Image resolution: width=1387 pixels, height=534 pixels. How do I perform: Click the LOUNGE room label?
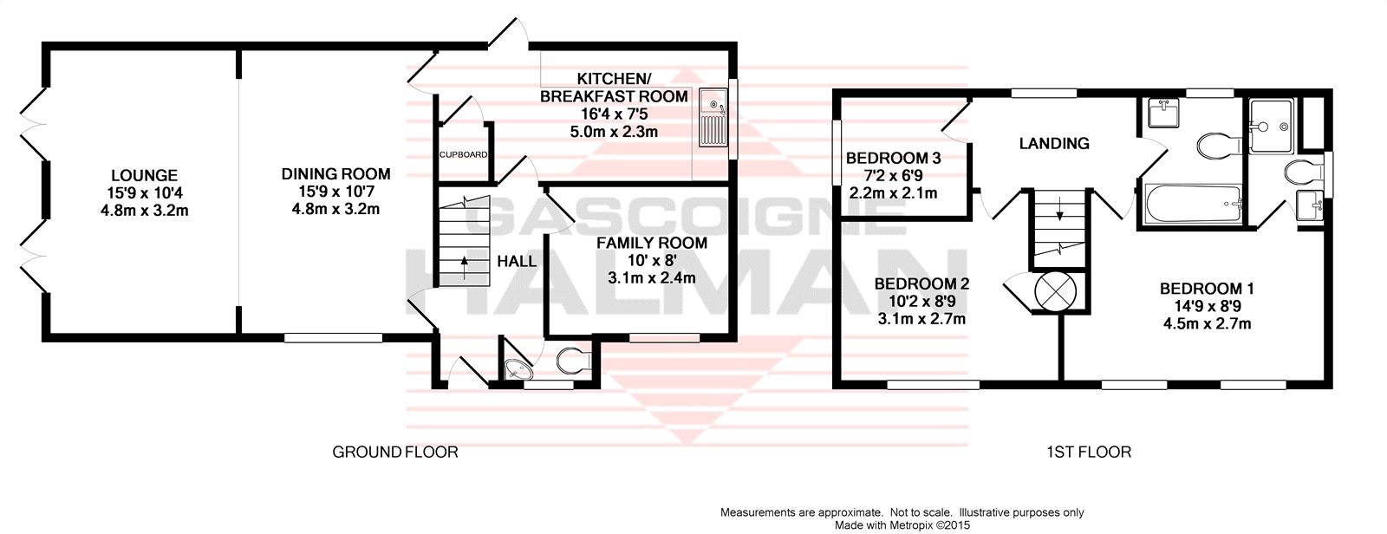click(144, 176)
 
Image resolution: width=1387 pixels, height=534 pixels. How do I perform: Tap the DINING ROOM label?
click(336, 174)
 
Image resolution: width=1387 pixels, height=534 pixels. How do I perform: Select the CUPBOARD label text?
click(463, 155)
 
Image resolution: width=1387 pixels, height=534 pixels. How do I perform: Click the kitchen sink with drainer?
click(713, 118)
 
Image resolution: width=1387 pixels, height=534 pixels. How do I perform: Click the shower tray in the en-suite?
click(1271, 126)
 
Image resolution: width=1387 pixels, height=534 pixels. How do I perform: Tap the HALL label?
click(517, 262)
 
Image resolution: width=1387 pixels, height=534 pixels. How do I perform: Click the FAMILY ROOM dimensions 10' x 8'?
click(651, 261)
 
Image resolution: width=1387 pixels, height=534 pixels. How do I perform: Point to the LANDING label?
click(1054, 144)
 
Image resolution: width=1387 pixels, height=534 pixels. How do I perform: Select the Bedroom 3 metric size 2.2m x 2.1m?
click(893, 193)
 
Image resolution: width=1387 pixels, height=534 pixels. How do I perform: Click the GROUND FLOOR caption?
click(395, 453)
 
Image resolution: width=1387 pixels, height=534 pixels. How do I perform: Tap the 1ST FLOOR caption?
click(1089, 453)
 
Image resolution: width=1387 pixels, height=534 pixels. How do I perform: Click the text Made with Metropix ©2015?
click(902, 525)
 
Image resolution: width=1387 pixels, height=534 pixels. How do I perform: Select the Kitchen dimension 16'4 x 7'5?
click(614, 114)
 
